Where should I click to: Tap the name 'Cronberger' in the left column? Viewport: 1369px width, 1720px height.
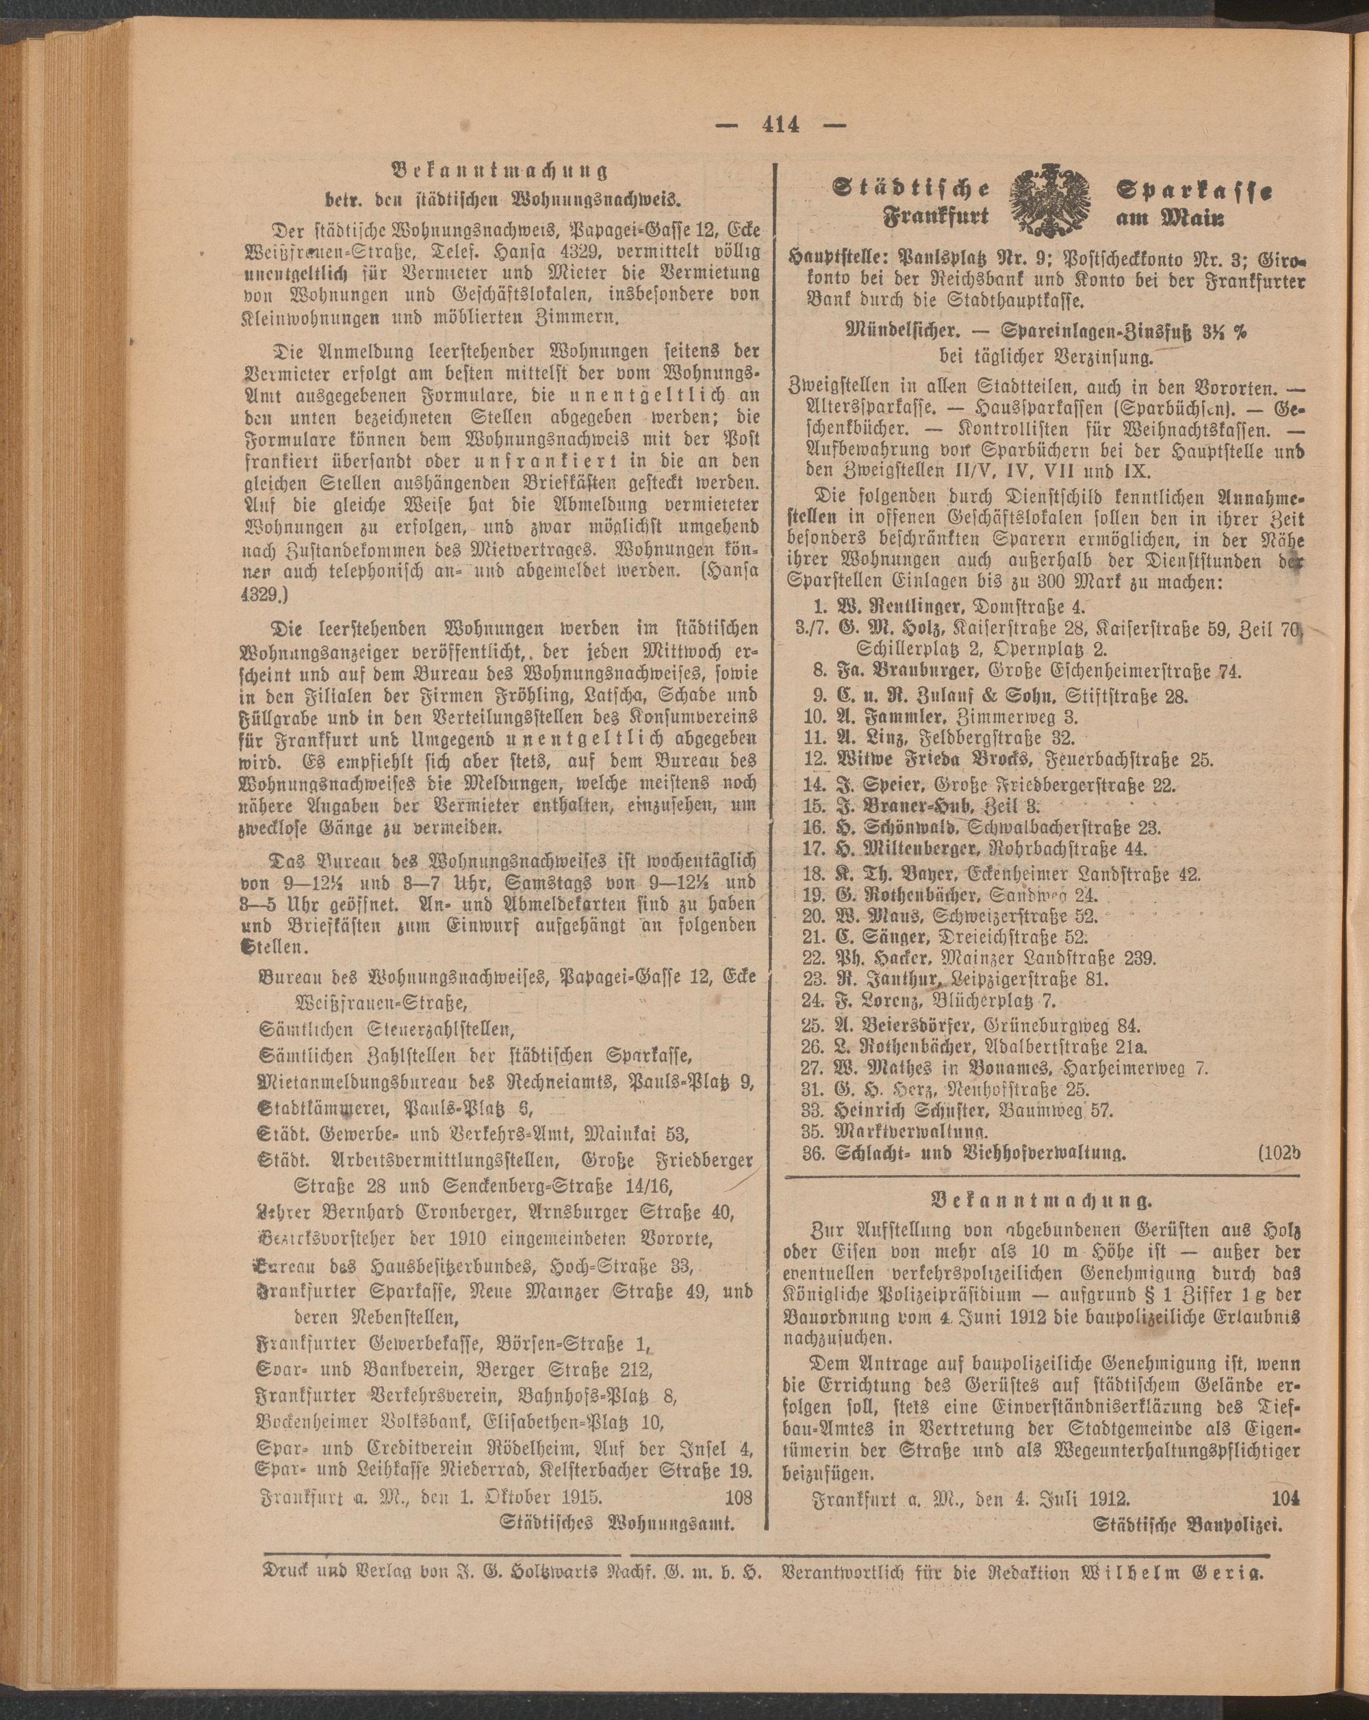[440, 1213]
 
